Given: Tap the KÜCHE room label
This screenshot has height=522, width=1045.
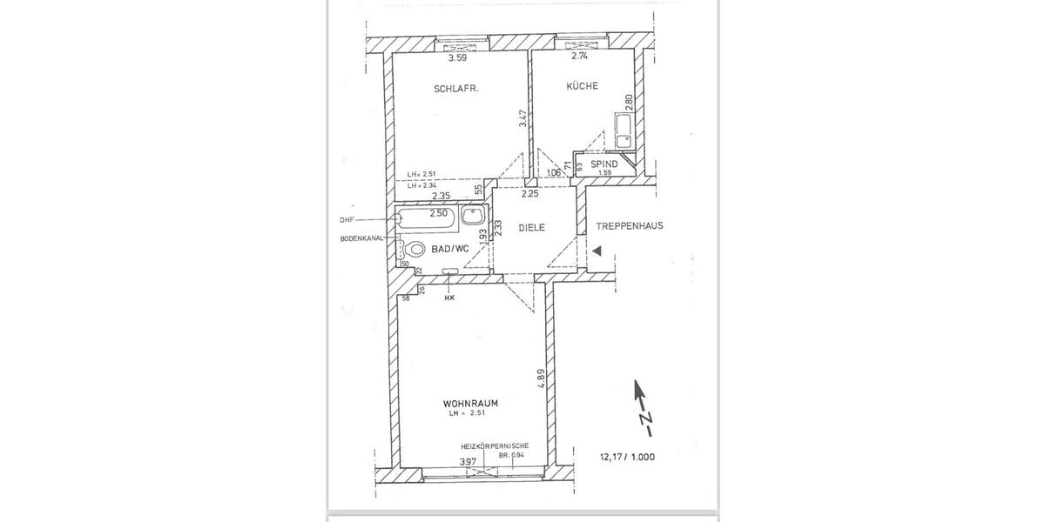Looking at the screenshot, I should point(582,86).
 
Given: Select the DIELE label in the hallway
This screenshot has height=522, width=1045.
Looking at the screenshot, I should point(531,227).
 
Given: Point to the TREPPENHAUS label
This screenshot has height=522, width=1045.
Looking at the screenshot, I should point(630,225).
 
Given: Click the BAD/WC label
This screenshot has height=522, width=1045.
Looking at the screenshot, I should point(450,249).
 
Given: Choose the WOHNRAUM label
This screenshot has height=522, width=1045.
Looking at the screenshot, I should point(471,404).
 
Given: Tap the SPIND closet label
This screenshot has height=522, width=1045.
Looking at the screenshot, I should point(604,164).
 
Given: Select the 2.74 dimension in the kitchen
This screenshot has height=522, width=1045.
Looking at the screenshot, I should point(581,57).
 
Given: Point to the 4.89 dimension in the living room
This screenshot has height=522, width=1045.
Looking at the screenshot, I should point(541,380).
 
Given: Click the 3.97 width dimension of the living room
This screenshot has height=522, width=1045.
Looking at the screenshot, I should point(469,461).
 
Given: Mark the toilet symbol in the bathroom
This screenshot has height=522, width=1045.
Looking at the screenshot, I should point(415,250).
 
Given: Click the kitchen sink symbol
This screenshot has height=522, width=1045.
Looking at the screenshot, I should point(624,130).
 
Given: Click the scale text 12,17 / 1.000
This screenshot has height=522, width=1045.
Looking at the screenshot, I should point(626,457).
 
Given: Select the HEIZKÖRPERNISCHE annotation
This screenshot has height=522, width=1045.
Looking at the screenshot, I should point(495,445).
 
